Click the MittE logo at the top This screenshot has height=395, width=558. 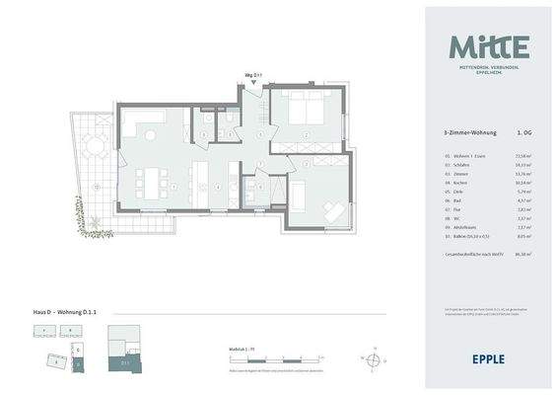tap(489, 46)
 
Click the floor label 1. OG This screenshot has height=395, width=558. tap(523, 131)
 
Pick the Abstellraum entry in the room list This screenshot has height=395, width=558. tap(460, 228)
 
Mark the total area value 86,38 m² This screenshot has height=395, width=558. tap(523, 255)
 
